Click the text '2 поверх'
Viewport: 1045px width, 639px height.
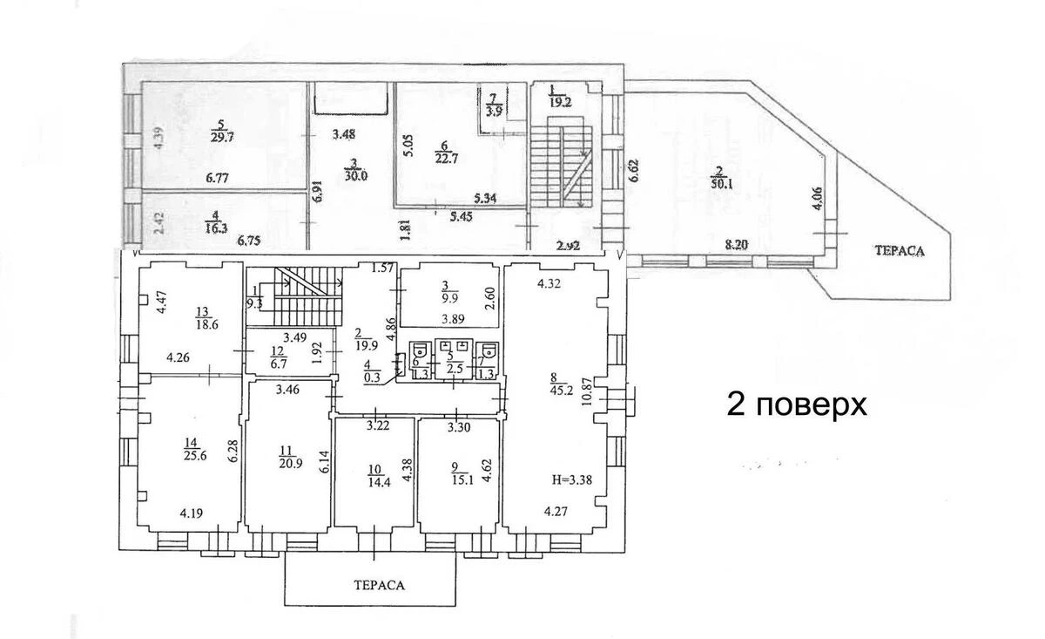pyautogui.click(x=797, y=405)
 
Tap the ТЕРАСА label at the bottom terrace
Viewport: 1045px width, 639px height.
pyautogui.click(x=372, y=585)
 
